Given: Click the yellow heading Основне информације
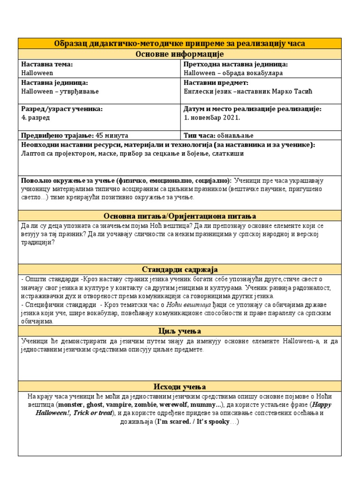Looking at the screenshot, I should pos(180,54).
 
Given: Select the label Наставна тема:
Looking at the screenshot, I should pos(47,64).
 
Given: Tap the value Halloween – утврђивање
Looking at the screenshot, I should pos(60,91).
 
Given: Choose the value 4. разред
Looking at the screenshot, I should pos(36,118).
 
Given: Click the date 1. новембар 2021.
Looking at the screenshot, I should pos(212,118).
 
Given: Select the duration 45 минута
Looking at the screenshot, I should pos(112,135).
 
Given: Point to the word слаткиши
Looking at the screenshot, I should pos(229,153).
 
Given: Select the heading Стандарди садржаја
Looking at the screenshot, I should pos(180,269).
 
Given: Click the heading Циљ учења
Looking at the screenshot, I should pos(180,331).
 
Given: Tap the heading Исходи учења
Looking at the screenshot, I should pos(180,386).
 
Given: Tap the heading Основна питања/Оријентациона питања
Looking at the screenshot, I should pos(180,216).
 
